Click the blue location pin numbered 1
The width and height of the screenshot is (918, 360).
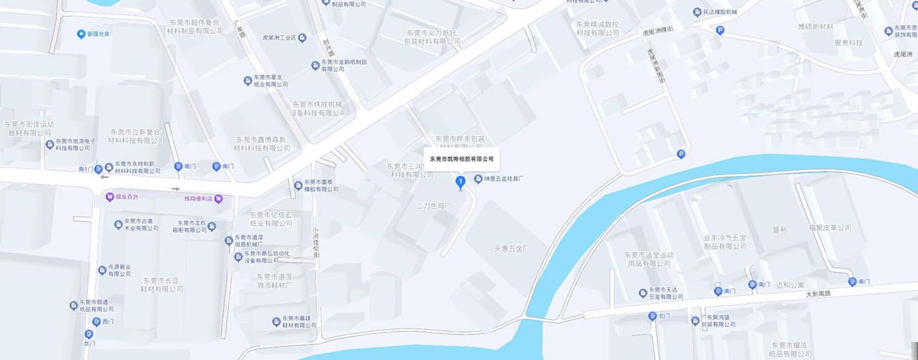pyautogui.click(x=460, y=181)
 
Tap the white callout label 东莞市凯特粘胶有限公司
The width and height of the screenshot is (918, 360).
pyautogui.click(x=461, y=159)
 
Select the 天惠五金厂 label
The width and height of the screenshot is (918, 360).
pyautogui.click(x=512, y=249)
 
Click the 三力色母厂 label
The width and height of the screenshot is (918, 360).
pyautogui.click(x=435, y=206)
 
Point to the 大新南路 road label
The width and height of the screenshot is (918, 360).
pyautogui.click(x=818, y=294)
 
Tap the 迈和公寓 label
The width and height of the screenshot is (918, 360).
pyautogui.click(x=790, y=285)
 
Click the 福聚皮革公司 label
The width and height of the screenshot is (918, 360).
pyautogui.click(x=829, y=228)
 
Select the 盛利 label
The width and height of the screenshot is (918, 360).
pyautogui.click(x=779, y=230)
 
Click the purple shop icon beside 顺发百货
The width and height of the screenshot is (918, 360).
pyautogui.click(x=109, y=196)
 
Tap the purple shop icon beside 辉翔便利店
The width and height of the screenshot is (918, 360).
pyautogui.click(x=219, y=198)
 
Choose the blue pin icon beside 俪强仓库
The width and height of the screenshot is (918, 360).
pyautogui.click(x=81, y=34)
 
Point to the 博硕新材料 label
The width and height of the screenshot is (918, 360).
pyautogui.click(x=815, y=27)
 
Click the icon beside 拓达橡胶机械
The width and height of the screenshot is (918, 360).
pyautogui.click(x=697, y=12)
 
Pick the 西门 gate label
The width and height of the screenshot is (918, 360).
pyautogui.click(x=108, y=321)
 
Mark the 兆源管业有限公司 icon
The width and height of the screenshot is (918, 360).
pyautogui.click(x=102, y=269)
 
